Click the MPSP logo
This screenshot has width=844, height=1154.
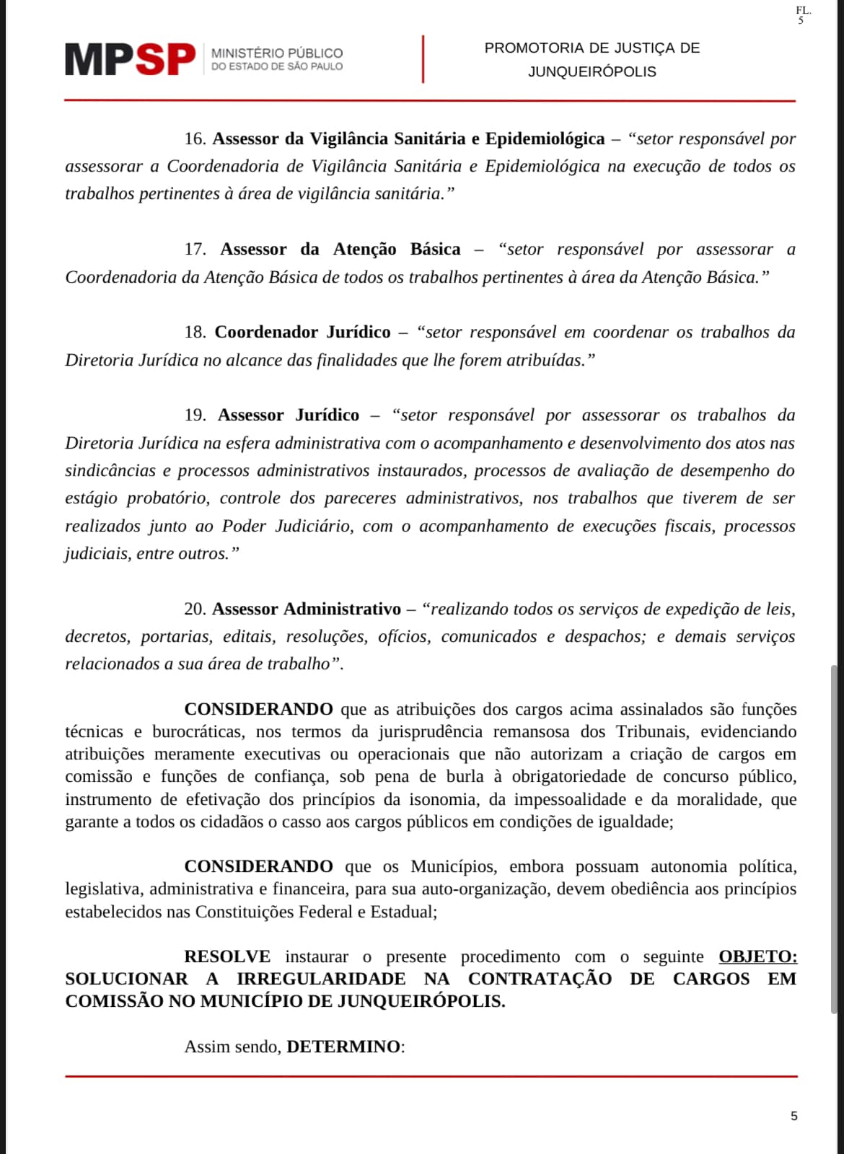coord(130,59)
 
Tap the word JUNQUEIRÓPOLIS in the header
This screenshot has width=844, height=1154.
coord(592,72)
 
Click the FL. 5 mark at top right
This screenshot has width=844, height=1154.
coord(802,15)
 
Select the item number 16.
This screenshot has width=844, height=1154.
coord(195,138)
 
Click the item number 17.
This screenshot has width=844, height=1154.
coord(195,250)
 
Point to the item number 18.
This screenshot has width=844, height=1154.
coord(195,332)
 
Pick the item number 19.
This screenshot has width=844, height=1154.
coord(195,415)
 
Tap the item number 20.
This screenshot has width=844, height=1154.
coord(195,609)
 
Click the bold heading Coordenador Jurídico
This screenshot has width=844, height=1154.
coord(302,332)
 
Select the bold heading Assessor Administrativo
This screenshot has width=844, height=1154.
coord(306,609)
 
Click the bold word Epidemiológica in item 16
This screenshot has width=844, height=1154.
coord(545,138)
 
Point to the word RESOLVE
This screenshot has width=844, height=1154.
coord(227,957)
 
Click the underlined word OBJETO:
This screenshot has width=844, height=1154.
coord(757,957)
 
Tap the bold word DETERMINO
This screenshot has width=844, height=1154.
coord(343,1047)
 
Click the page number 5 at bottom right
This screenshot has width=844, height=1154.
coord(794,1116)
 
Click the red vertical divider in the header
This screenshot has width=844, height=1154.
coord(423,59)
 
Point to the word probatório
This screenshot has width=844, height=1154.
coord(168,498)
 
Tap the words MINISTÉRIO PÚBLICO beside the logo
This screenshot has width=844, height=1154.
coord(277,53)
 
